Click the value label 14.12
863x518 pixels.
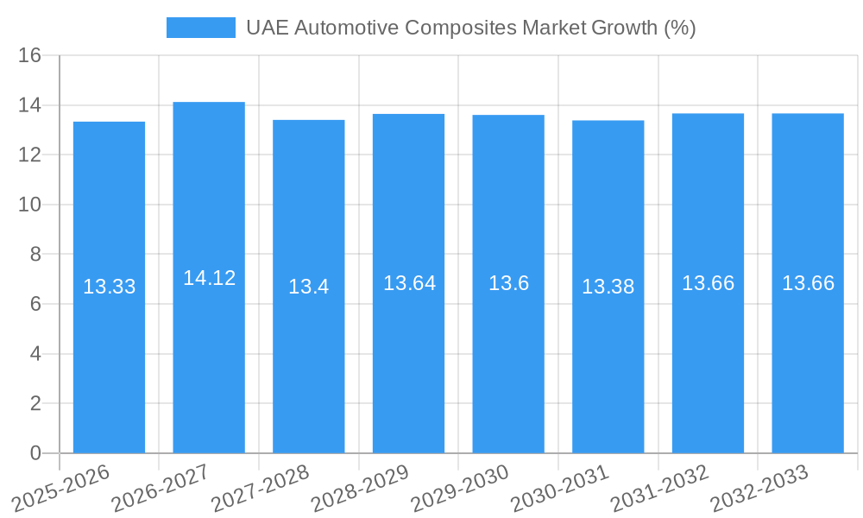coord(209,278)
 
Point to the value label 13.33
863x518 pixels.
coord(109,287)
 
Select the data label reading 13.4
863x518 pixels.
coord(308,287)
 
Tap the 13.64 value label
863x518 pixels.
coord(408,283)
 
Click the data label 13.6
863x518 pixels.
coord(508,283)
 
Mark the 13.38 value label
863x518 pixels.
coord(608,287)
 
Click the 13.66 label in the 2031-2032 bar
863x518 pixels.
coord(708,283)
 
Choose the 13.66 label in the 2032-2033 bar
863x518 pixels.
coord(808,283)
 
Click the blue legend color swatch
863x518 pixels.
coord(200,28)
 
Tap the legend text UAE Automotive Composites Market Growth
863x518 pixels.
coord(470,28)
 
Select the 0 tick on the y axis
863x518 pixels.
coord(35,453)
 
